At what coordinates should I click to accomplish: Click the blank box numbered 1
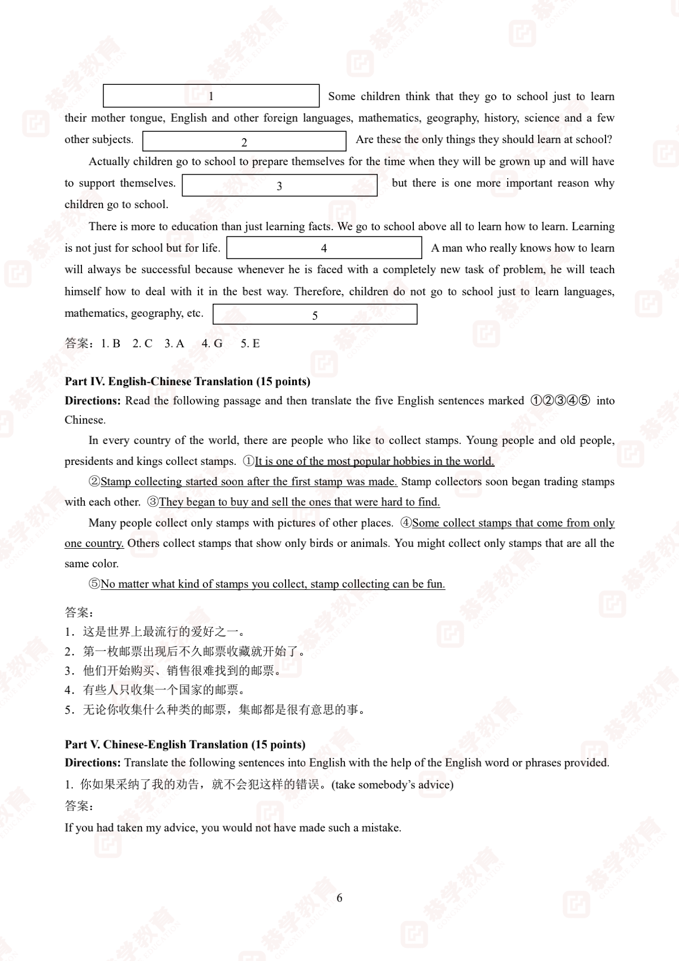point(211,96)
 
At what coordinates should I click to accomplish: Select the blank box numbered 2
point(244,141)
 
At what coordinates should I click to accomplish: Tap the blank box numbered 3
point(279,186)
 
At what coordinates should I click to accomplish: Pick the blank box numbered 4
point(324,248)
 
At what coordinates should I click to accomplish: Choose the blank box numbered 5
point(315,314)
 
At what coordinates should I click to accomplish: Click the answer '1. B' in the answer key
point(111,343)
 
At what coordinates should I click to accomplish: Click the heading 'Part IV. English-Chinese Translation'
point(187,382)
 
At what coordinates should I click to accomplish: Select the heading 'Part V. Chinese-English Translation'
point(185,744)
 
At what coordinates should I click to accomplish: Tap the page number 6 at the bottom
point(339,898)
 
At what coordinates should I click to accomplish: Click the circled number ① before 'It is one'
point(249,461)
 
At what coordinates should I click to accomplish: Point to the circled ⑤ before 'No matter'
point(94,584)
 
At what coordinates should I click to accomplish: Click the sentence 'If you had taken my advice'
point(233,828)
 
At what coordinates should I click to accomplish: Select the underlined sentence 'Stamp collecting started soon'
point(249,482)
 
